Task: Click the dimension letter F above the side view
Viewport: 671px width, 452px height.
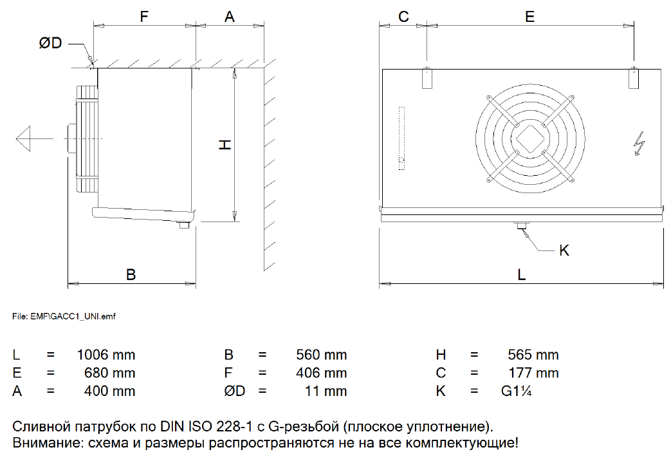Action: [x=144, y=17]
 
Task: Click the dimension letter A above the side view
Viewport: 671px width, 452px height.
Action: [x=230, y=17]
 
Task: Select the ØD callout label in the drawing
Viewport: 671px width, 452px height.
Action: [x=50, y=43]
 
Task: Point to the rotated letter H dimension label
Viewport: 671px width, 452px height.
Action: [x=225, y=145]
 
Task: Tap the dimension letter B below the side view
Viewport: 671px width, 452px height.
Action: [x=131, y=275]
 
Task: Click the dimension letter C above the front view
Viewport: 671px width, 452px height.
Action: [x=403, y=17]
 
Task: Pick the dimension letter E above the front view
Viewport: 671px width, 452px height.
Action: [x=529, y=17]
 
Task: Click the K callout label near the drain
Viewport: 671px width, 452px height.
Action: [x=564, y=250]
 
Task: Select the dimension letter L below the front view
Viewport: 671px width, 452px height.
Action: [x=521, y=275]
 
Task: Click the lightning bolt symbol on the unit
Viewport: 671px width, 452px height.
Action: [x=638, y=144]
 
